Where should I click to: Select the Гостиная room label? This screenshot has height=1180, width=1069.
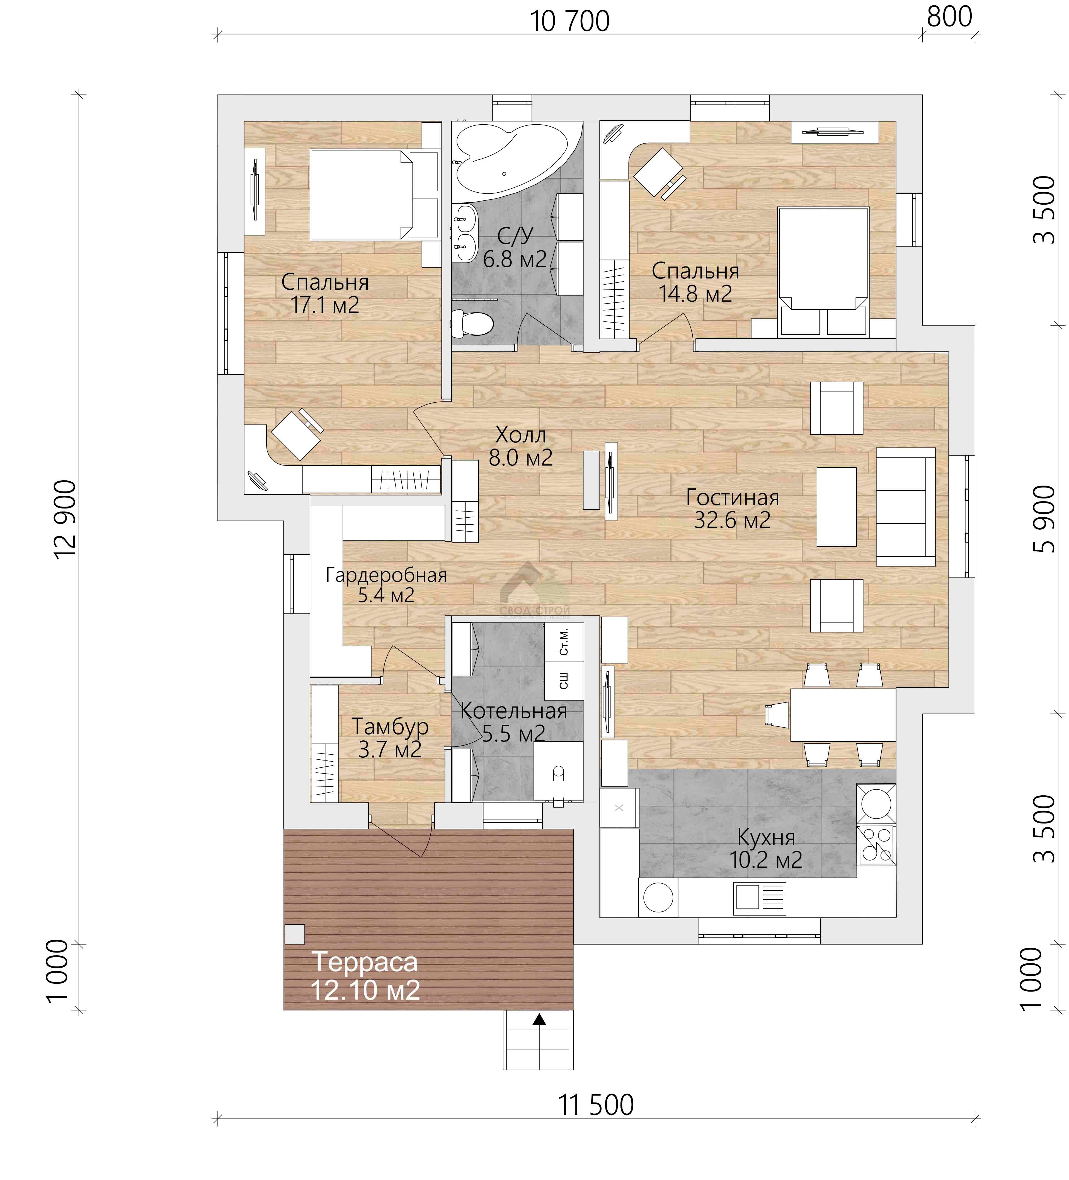coord(732,498)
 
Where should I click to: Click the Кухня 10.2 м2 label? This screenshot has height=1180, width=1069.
coord(766,849)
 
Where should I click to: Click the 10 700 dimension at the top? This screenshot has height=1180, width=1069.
coord(570,22)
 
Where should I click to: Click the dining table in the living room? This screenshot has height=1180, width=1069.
coord(843,715)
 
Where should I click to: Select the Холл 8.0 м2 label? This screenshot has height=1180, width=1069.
coord(520,446)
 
